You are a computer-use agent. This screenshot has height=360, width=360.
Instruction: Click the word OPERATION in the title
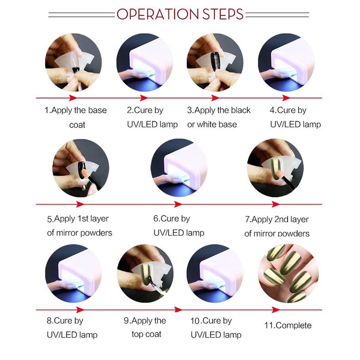coord(157,14)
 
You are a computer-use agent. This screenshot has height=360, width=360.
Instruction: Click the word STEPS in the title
coord(223,14)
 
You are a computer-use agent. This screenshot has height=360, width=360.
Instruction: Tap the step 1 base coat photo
coord(73,62)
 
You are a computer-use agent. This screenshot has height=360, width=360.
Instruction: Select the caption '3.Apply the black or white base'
coord(218,117)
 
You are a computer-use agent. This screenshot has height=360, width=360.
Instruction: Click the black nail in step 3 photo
coord(216,61)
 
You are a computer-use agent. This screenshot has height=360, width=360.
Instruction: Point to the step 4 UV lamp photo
coord(286,62)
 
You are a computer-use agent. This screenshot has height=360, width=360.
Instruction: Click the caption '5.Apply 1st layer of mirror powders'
coord(79,226)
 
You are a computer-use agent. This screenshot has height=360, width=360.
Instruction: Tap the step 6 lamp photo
coord(180,168)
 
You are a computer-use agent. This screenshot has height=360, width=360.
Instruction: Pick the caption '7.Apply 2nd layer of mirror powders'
coord(277,227)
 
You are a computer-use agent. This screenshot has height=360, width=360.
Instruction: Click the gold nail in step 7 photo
coord(274,167)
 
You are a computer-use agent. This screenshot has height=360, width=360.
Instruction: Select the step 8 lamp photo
coord(73,274)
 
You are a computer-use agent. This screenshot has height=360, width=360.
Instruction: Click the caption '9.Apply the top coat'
coord(145,327)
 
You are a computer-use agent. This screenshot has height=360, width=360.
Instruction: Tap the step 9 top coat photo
coord(145,274)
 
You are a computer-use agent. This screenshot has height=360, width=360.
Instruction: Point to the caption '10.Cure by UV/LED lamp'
coord(216,328)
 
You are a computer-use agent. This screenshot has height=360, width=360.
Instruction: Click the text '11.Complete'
coord(288,325)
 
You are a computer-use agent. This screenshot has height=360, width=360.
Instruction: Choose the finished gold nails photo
coord(288,274)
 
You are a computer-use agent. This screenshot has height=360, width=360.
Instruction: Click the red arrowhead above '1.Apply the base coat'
coord(73,98)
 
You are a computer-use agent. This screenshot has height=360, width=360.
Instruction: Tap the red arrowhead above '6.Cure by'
coord(178,204)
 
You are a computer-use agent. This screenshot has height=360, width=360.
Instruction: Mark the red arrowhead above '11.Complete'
coord(276,310)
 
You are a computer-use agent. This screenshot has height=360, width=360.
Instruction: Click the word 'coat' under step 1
coord(77,125)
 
